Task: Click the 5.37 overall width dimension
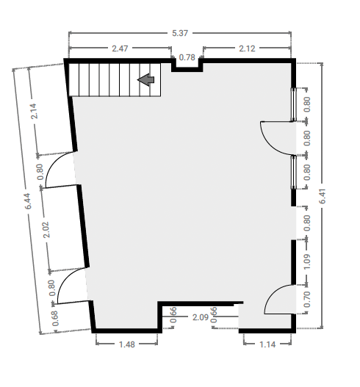click(x=180, y=33)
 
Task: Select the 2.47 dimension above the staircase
click(x=120, y=48)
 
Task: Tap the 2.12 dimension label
click(x=247, y=48)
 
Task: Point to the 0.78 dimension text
click(x=187, y=57)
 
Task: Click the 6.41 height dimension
click(x=323, y=196)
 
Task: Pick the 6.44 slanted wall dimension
click(x=28, y=201)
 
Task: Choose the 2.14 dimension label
click(x=35, y=112)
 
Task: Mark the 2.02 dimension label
click(x=46, y=230)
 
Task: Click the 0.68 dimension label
click(x=55, y=318)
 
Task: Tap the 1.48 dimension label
click(x=127, y=344)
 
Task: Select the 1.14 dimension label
click(x=267, y=344)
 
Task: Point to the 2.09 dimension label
click(x=201, y=317)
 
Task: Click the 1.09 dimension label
click(x=306, y=261)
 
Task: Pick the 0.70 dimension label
click(x=306, y=300)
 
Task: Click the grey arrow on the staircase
click(x=145, y=80)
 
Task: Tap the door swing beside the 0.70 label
click(x=272, y=292)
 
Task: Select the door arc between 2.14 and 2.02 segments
click(x=52, y=161)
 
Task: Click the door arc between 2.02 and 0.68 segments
click(x=65, y=277)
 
